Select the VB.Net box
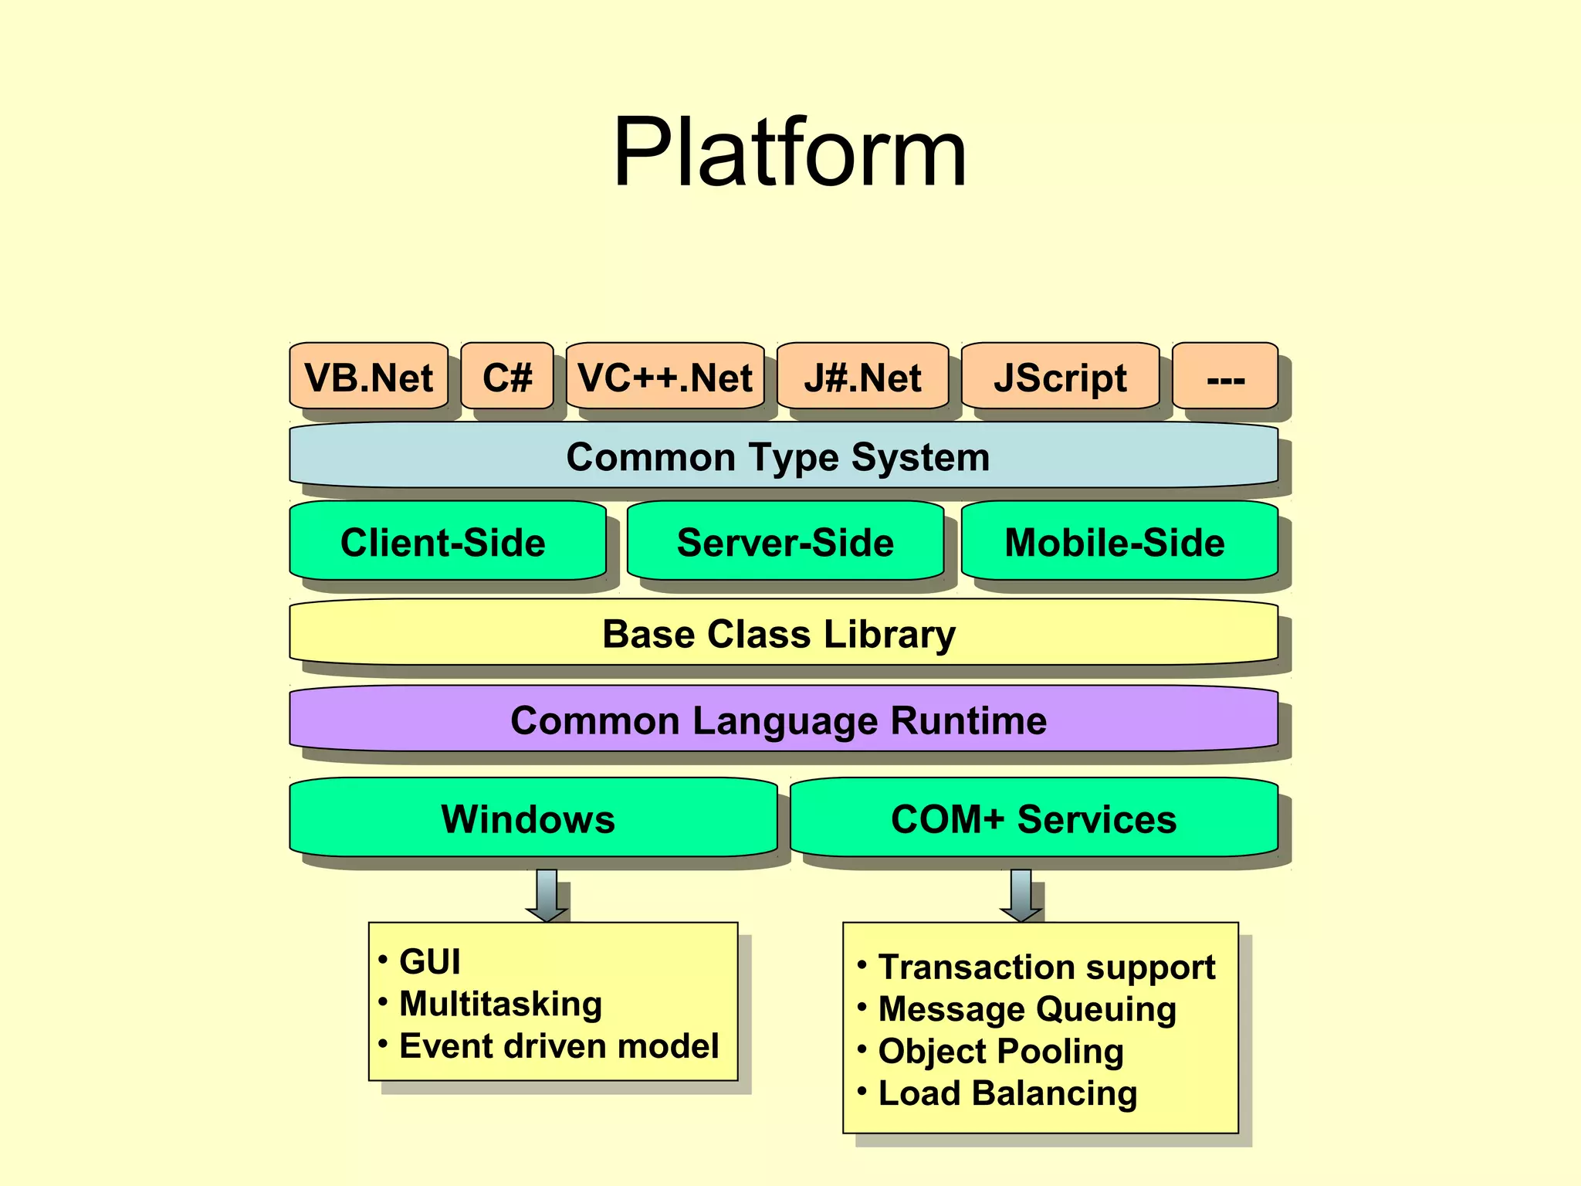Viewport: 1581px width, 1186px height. coord(368,377)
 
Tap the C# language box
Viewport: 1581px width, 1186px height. coord(507,377)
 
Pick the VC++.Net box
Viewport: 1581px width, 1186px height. coord(665,377)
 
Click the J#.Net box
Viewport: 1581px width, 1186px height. coord(862,377)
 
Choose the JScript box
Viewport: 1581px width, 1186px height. coord(1060,377)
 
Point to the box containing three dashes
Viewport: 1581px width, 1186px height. coord(1225,377)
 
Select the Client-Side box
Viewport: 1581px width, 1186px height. coord(444,542)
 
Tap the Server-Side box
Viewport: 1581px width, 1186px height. coord(785,542)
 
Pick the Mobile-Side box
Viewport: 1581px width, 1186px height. coord(1116,542)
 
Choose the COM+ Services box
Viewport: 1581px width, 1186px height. coord(1034,818)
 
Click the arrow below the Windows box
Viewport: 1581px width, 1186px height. coord(547,896)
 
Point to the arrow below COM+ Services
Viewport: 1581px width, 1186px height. coord(1021,896)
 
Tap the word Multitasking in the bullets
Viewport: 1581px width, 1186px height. coord(500,1004)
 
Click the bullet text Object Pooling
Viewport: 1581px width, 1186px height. coord(1000,1051)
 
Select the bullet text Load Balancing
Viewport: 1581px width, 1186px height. coord(1007,1093)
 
